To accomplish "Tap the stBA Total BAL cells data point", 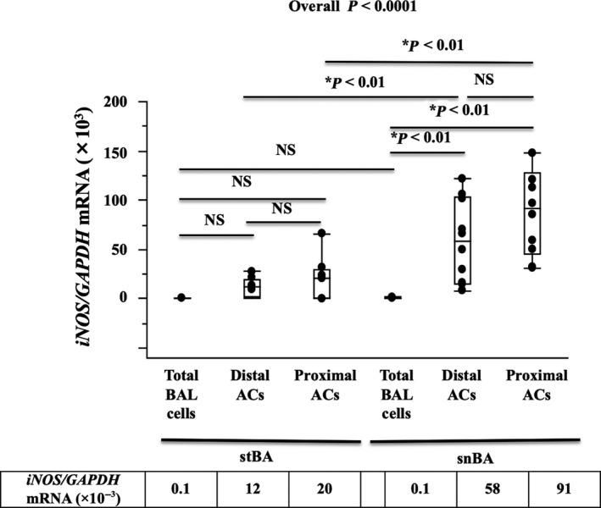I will (182, 298).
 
